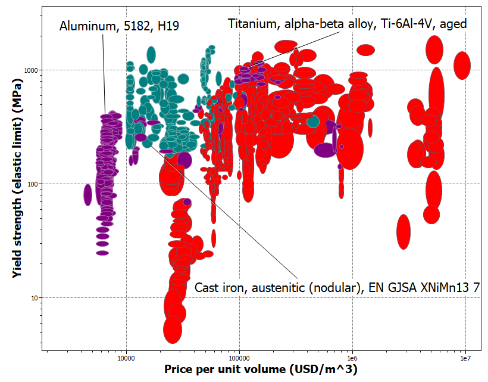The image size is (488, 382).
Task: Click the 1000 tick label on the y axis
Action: pos(30,70)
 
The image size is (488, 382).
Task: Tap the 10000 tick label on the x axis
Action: pos(126,358)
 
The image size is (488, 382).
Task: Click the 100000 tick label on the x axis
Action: pos(239,358)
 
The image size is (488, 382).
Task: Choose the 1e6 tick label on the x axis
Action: pos(353,358)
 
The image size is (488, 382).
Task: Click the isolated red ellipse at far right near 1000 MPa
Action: pos(462,65)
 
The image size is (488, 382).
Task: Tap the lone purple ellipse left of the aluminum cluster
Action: pos(88,194)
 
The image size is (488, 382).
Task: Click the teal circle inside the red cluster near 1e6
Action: pos(313,122)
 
